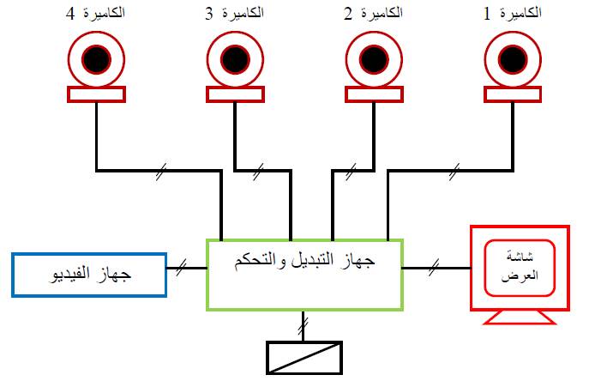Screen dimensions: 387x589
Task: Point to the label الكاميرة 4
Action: [94, 14]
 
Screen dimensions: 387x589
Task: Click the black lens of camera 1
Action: [514, 59]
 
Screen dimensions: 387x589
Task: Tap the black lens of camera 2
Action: [376, 59]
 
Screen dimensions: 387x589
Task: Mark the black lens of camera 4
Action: [96, 59]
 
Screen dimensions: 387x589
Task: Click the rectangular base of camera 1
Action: [514, 94]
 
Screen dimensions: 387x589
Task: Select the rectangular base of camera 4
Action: [96, 94]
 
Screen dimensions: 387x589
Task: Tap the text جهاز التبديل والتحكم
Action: [305, 260]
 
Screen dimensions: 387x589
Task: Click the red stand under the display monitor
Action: [519, 318]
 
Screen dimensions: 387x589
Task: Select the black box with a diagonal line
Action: [304, 358]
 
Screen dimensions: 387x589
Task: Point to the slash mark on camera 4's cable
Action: [160, 172]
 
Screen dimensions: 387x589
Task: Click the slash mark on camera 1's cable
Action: [452, 172]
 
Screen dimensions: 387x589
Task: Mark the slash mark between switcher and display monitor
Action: [435, 269]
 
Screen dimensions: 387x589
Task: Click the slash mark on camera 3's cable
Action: [260, 172]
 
